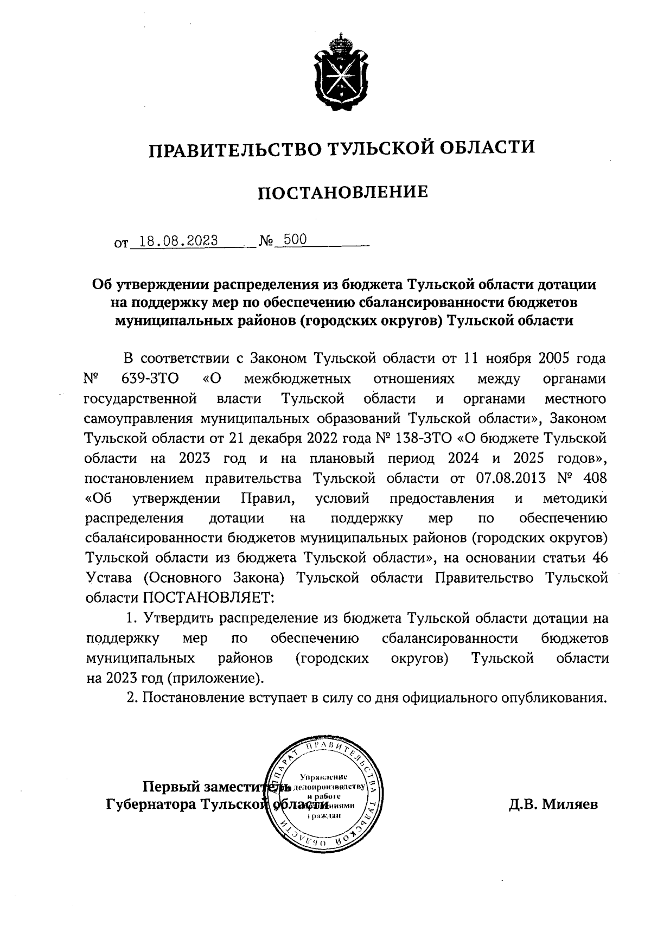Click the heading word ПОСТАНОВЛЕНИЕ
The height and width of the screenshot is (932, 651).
tap(342, 192)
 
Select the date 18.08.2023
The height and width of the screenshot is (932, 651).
tap(178, 240)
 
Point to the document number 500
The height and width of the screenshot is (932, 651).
tap(295, 239)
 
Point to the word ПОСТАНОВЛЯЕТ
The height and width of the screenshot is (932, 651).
tap(209, 597)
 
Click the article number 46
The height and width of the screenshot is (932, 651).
tap(599, 558)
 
